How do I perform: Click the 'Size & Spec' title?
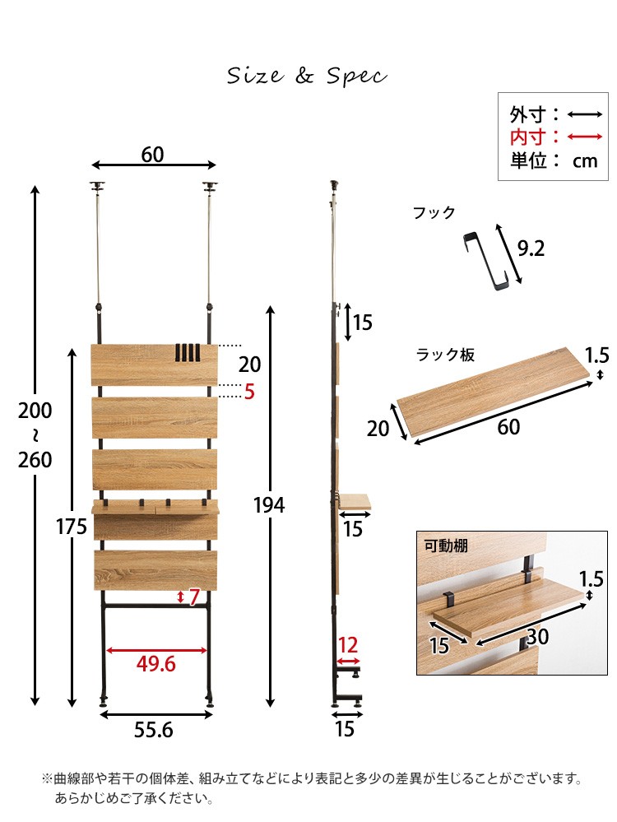307,76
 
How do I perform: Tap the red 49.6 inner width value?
155,664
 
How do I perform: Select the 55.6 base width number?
154,730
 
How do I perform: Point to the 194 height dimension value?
269,505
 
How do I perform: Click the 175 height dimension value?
72,527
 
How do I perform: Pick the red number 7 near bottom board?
194,597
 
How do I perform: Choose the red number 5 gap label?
249,392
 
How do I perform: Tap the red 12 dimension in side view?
348,645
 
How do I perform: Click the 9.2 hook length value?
531,248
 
